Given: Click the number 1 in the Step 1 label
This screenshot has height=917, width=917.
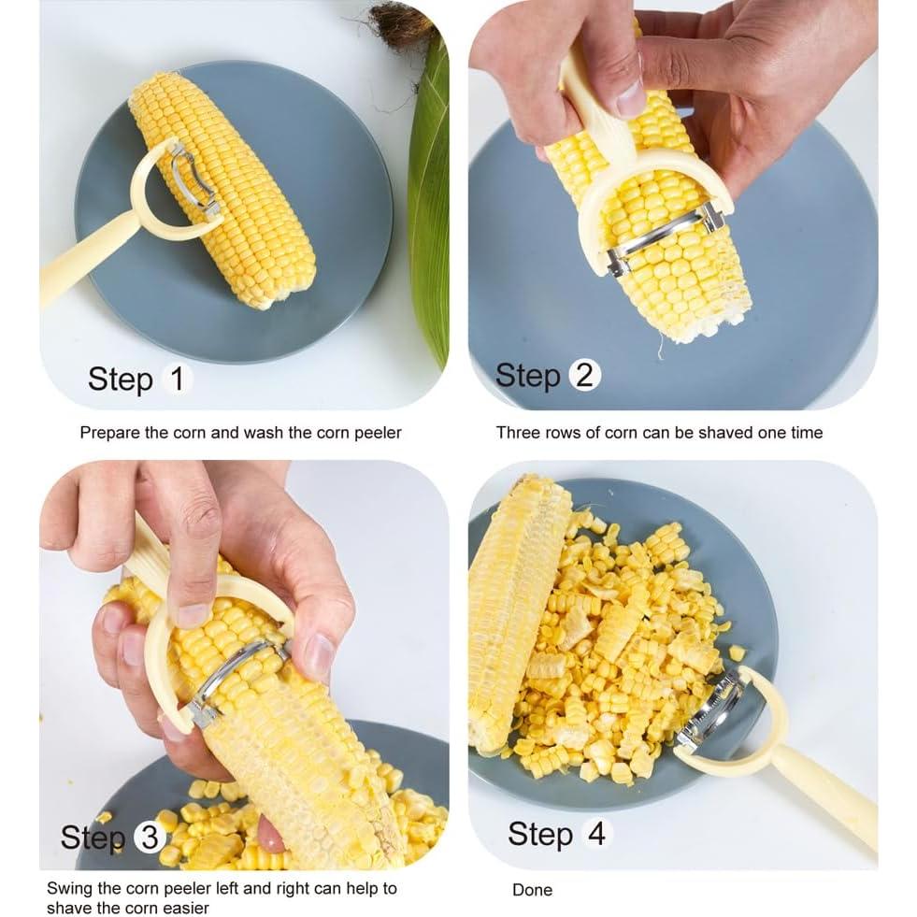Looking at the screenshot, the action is click(x=178, y=379).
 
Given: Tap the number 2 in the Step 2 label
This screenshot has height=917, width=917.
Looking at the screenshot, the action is click(x=584, y=375).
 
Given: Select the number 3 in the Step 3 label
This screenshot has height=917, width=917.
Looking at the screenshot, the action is click(x=150, y=837).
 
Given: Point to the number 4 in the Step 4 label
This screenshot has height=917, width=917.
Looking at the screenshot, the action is click(x=596, y=833).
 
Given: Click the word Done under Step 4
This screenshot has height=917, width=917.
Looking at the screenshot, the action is click(x=532, y=890).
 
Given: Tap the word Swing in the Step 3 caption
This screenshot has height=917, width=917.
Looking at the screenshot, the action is click(x=69, y=888).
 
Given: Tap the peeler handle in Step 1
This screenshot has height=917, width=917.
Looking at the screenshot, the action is click(x=82, y=257).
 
